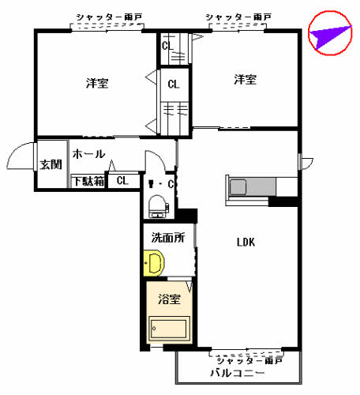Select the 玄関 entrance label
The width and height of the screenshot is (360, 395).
(x=51, y=164)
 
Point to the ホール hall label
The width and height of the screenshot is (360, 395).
(x=88, y=154)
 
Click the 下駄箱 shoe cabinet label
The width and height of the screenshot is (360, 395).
(x=88, y=182)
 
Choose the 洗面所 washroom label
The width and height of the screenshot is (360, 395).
(x=167, y=237)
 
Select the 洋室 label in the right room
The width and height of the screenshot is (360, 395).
(x=245, y=79)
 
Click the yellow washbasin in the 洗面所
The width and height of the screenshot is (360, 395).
(x=154, y=262)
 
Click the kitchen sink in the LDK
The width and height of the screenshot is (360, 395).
(x=239, y=188)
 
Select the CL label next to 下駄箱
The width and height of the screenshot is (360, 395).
(x=122, y=181)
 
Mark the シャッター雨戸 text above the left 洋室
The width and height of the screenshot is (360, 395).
(x=109, y=17)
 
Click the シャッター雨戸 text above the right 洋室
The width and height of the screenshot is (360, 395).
(x=238, y=17)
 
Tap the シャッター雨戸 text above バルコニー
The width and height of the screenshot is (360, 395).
(x=249, y=360)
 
